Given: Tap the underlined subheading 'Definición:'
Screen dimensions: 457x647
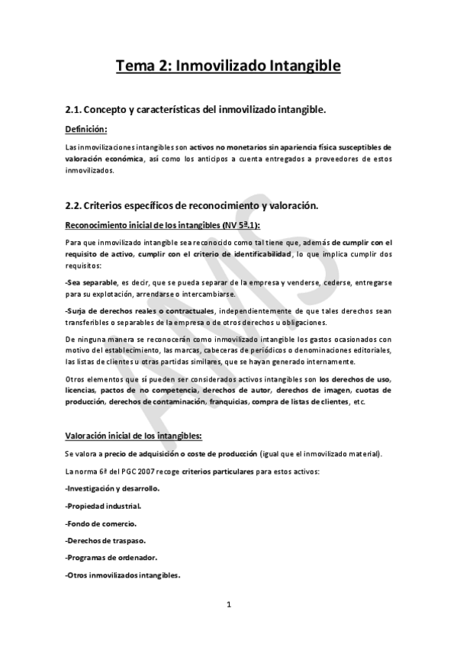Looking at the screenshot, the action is [86, 130].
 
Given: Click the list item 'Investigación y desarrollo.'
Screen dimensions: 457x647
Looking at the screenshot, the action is [111, 488].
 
